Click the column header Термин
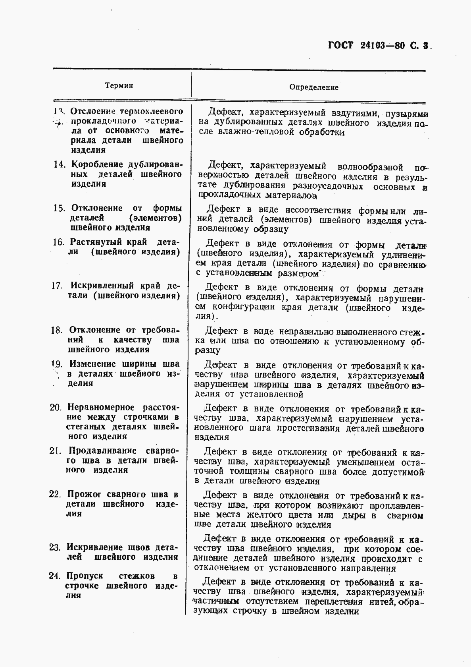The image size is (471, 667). tap(119, 86)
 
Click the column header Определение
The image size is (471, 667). tap(313, 87)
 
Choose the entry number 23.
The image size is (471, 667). tap(55, 547)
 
